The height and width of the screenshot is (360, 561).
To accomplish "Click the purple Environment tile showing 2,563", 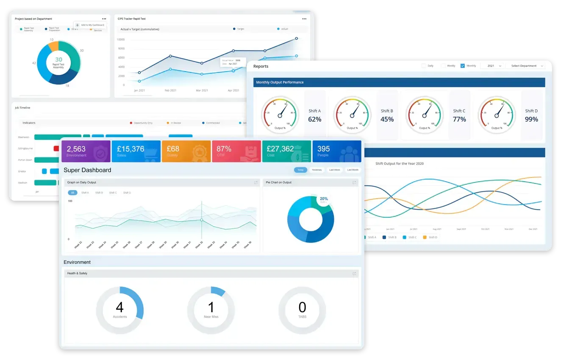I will tap(86, 151).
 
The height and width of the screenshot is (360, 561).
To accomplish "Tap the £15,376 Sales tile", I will tap(136, 151).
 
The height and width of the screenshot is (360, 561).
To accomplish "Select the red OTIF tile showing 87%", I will tap(236, 151).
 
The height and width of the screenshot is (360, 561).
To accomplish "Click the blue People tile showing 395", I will tap(336, 151).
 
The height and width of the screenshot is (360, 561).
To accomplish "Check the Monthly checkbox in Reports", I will tap(463, 66).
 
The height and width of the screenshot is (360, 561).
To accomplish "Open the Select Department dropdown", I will tap(525, 66).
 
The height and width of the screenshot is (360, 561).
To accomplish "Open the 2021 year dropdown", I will tap(493, 66).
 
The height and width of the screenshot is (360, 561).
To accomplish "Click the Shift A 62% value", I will tap(315, 119).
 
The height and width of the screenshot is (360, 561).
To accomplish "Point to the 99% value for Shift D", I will tap(531, 119).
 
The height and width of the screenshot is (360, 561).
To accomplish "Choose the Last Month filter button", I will tap(353, 170).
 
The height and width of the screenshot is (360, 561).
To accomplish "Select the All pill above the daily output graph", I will tap(72, 193).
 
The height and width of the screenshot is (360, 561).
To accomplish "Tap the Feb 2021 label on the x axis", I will tap(170, 91).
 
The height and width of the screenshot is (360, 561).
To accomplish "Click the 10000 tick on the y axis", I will tap(120, 39).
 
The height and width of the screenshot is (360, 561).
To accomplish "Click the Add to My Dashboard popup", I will tap(89, 25).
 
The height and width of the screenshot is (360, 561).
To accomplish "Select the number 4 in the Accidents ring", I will tap(120, 307).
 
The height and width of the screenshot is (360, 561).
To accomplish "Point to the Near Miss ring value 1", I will tap(211, 307).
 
